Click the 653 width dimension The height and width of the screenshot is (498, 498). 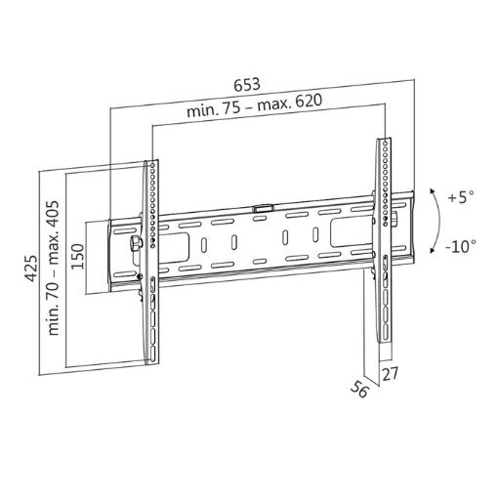tap(247, 84)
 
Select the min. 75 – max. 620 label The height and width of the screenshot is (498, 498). tap(254, 105)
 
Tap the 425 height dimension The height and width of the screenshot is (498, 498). tap(31, 268)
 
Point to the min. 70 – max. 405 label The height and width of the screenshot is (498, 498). tap(54, 268)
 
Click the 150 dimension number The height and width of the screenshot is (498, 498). tap(77, 256)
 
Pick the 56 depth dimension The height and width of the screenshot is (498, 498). tap(359, 389)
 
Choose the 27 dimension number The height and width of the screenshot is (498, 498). tap(390, 373)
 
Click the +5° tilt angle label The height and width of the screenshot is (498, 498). tap(461, 197)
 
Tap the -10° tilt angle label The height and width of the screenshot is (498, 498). tap(461, 246)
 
